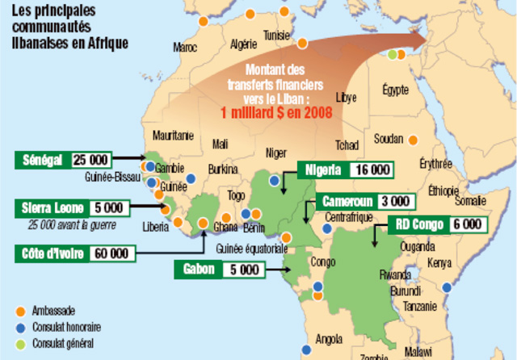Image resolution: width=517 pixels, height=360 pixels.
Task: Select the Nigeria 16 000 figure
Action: click(x=371, y=170)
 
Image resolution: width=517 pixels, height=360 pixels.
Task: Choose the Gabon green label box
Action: click(x=199, y=269)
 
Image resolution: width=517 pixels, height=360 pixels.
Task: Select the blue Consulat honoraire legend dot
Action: click(x=20, y=327)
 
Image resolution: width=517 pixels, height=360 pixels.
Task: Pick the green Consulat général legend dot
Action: click(x=20, y=343)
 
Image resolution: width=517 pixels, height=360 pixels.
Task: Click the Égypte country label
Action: click(x=396, y=89)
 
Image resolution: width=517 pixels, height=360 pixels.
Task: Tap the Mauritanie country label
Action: click(x=173, y=134)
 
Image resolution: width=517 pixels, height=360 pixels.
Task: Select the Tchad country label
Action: click(x=347, y=145)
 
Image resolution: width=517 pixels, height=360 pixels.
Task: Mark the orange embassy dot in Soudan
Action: click(x=412, y=139)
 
